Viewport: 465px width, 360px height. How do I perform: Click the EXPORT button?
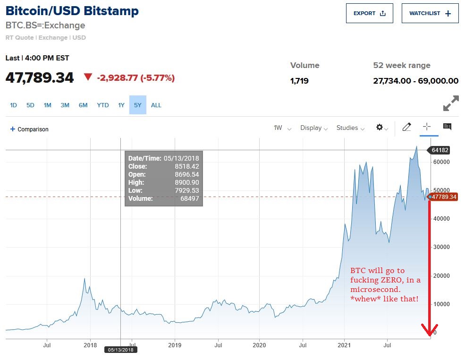click(x=369, y=13)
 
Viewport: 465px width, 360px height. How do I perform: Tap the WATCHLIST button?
click(x=430, y=13)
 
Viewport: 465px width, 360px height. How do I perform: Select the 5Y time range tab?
click(x=137, y=105)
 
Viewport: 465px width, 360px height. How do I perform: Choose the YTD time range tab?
click(x=103, y=105)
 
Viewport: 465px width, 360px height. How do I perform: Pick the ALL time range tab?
click(x=156, y=105)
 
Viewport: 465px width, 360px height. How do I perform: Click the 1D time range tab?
click(x=13, y=105)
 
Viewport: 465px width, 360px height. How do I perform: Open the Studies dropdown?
click(x=350, y=128)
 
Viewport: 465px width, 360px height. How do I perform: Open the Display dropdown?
click(x=313, y=128)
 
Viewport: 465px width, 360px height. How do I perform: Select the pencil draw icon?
click(x=406, y=127)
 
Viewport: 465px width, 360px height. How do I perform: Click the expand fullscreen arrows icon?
click(x=451, y=103)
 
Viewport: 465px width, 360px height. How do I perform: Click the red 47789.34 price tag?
click(x=444, y=197)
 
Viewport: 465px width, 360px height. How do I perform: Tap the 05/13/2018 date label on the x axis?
click(x=120, y=350)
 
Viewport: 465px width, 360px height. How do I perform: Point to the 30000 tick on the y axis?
click(x=441, y=247)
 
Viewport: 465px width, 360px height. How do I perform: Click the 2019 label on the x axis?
click(x=175, y=345)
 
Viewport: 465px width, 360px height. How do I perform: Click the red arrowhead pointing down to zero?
click(x=430, y=331)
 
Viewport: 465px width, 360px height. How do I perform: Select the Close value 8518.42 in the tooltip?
click(x=188, y=166)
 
